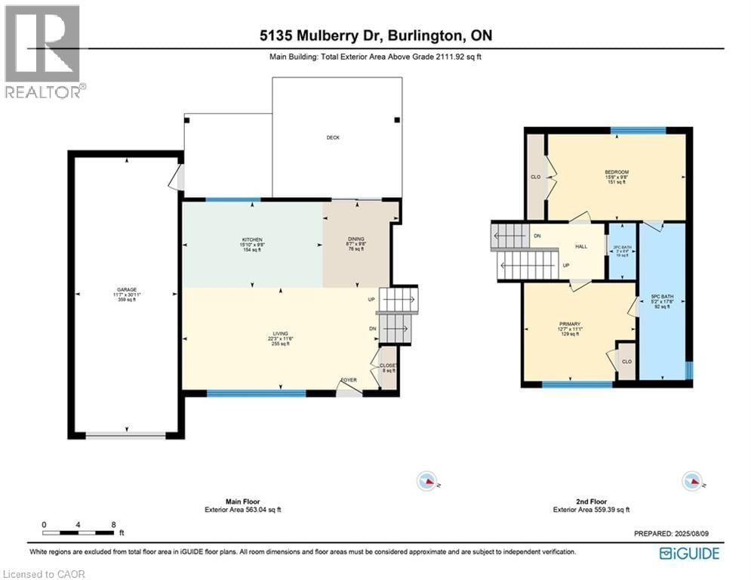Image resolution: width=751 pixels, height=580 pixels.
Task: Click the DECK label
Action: click(333, 137)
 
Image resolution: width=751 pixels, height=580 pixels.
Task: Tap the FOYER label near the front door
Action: click(349, 380)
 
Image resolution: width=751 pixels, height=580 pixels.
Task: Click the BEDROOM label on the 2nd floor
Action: click(617, 172)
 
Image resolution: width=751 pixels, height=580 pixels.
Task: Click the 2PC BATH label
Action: click(622, 247)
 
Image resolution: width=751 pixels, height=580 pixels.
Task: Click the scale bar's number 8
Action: click(112, 524)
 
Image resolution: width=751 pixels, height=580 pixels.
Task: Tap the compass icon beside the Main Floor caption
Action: click(427, 480)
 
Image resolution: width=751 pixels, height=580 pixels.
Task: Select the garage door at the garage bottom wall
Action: click(125, 435)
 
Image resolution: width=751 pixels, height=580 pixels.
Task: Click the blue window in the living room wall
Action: click(257, 393)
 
